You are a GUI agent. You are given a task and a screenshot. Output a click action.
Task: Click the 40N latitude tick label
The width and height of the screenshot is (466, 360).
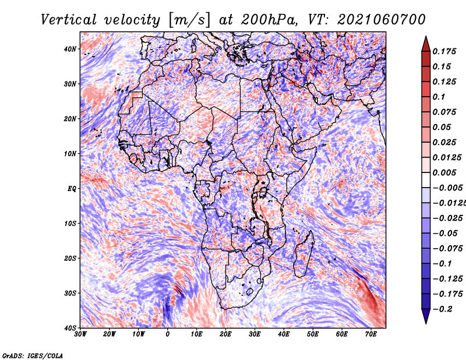click(70, 49)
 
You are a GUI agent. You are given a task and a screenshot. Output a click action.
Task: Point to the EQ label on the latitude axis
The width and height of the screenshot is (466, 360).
click(72, 189)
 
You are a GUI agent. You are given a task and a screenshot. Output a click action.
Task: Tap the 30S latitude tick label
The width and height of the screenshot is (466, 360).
click(70, 293)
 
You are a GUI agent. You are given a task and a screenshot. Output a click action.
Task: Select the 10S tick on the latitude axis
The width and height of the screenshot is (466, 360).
click(70, 223)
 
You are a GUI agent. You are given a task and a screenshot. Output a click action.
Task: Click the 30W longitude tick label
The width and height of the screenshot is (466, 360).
click(80, 334)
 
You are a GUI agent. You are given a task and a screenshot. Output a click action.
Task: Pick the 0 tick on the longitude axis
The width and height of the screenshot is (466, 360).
click(168, 334)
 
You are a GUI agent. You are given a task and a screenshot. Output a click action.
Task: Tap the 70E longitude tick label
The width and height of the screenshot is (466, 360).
click(371, 334)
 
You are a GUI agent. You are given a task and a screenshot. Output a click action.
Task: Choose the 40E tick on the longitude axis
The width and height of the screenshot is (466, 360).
click(284, 334)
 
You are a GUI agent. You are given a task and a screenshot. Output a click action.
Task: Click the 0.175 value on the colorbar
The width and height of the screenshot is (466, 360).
click(444, 52)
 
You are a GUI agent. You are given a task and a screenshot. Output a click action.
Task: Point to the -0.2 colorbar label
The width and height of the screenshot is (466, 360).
click(443, 309)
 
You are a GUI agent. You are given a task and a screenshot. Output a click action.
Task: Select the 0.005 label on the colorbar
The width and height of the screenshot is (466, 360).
click(444, 172)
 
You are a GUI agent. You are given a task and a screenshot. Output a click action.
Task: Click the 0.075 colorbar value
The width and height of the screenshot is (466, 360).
click(444, 112)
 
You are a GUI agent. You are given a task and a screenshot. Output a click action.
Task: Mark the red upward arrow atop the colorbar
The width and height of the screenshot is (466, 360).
click(426, 44)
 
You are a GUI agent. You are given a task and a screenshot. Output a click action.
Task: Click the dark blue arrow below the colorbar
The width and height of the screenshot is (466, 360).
click(426, 316)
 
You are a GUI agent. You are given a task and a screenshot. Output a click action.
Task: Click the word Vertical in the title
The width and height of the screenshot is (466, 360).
click(69, 20)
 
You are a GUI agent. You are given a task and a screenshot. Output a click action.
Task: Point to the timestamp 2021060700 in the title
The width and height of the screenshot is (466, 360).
click(382, 20)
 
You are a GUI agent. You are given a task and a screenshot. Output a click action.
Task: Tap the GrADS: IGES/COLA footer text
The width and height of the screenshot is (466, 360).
click(33, 355)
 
